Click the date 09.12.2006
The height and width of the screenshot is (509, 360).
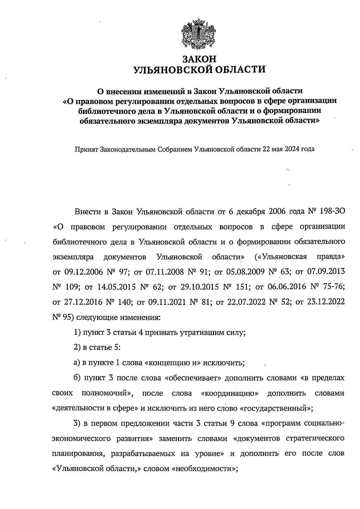(x=83, y=272)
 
